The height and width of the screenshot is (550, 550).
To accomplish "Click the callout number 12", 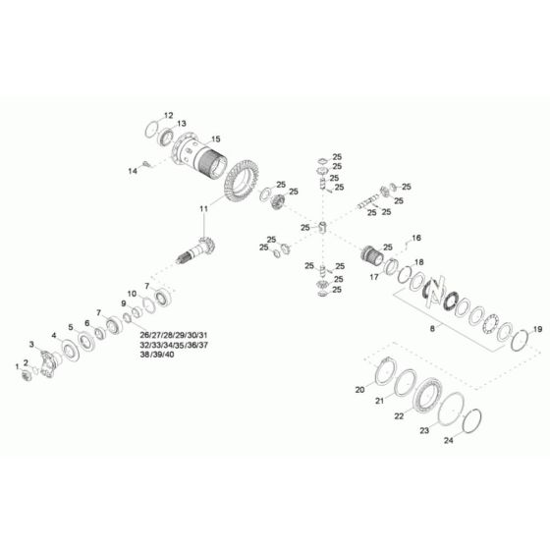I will (168, 115).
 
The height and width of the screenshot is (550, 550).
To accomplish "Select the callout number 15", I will (215, 138).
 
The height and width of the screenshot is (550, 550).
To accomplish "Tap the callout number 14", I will (133, 171).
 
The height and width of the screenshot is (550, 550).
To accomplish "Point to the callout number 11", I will (204, 209).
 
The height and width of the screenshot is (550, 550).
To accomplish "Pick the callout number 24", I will (449, 440).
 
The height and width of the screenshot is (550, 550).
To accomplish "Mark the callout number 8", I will (428, 333).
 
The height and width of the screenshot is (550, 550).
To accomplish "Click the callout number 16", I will (416, 238).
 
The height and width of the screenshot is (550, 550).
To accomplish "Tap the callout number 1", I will (15, 365).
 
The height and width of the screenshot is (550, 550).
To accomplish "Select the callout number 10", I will (131, 294).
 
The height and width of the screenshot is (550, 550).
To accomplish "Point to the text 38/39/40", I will (157, 355).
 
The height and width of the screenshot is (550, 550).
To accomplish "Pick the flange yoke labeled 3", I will (47, 360).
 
